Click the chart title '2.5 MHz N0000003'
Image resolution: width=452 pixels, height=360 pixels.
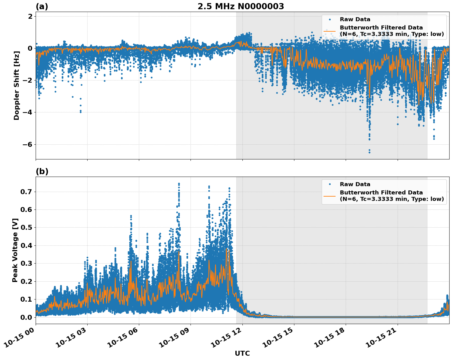(241, 6)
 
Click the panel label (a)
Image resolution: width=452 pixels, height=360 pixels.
(42, 6)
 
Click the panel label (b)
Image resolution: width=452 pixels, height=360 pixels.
(42, 171)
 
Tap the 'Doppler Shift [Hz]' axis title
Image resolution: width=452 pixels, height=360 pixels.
(17, 85)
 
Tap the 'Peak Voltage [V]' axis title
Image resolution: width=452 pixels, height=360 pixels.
(15, 250)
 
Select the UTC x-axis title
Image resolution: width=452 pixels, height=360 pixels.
(242, 353)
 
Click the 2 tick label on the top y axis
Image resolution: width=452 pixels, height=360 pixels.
(30, 16)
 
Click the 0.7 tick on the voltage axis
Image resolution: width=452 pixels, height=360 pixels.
(28, 192)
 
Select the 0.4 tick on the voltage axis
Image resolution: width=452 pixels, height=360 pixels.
(28, 245)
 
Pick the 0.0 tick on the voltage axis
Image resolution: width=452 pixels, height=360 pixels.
(28, 317)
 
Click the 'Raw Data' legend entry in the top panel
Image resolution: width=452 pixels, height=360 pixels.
(355, 19)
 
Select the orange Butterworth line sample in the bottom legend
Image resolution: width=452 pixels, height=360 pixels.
(329, 196)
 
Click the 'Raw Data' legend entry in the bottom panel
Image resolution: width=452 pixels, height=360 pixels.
(355, 184)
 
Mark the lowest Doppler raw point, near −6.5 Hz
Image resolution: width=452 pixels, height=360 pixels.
(369, 152)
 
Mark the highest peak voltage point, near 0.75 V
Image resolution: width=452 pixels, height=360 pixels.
(179, 184)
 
